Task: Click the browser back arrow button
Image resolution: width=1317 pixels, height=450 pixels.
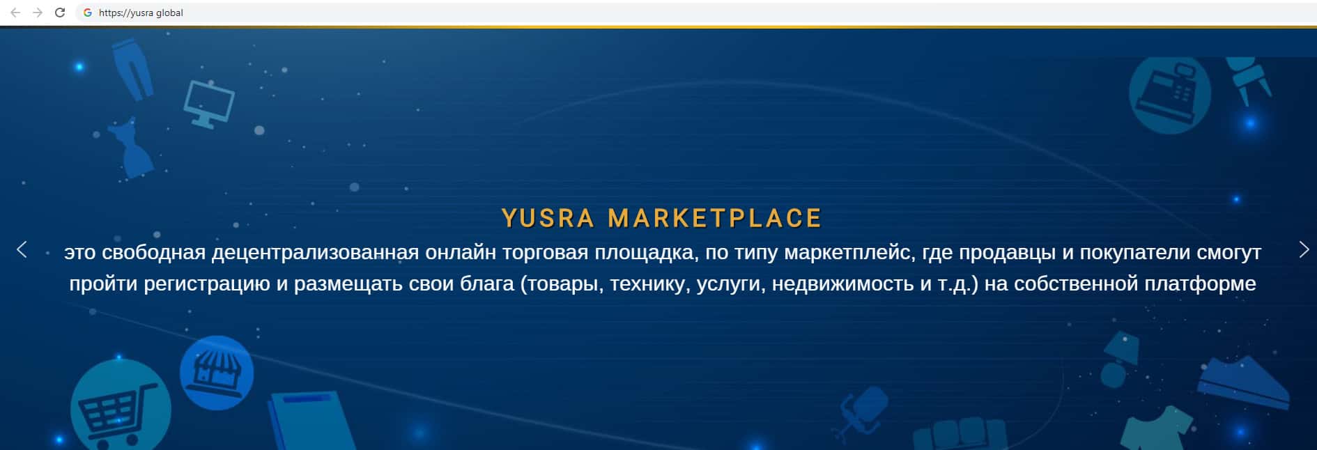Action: (15, 13)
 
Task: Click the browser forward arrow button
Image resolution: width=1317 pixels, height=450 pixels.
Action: (38, 13)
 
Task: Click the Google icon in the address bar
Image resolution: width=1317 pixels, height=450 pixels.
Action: (88, 13)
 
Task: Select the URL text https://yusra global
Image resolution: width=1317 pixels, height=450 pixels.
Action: (141, 13)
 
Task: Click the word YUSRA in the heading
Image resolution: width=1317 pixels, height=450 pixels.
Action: (548, 219)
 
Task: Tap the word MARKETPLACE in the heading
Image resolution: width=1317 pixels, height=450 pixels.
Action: (715, 219)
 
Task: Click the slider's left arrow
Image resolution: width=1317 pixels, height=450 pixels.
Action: (22, 249)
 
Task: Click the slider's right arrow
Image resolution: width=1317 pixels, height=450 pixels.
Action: (1304, 249)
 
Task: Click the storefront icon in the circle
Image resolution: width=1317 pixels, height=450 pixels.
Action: (217, 373)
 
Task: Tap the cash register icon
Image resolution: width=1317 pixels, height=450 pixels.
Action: (1170, 94)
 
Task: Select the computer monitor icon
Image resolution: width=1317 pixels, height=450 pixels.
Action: (209, 104)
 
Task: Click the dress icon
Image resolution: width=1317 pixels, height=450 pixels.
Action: (134, 149)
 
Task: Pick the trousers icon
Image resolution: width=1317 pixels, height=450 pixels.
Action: (133, 68)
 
